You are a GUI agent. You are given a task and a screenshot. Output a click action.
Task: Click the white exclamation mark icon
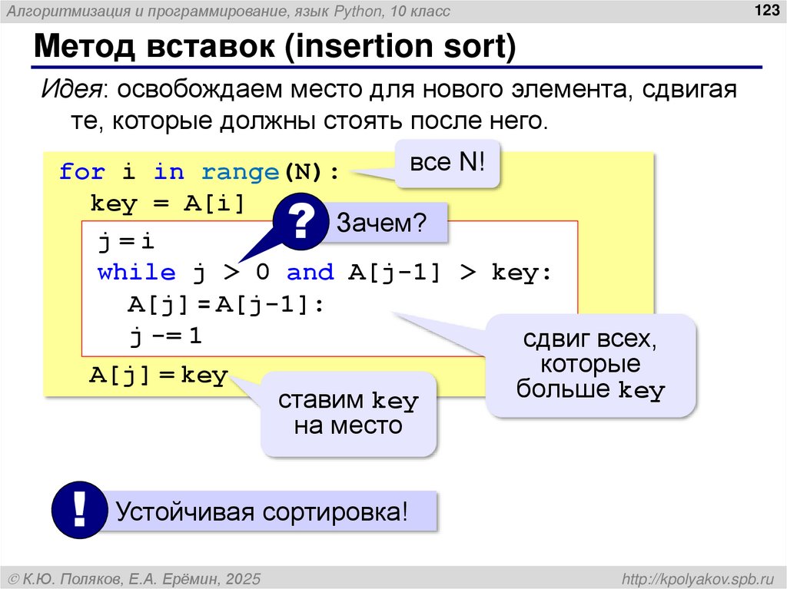point(78,509)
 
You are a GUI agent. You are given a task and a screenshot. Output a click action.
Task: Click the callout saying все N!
point(447,164)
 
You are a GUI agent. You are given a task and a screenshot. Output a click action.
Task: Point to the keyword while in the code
point(136,273)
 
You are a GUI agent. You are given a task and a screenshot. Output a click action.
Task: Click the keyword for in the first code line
point(81,171)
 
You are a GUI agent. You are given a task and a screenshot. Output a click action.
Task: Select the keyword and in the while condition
point(310,273)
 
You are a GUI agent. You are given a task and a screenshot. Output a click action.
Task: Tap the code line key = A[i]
point(166,204)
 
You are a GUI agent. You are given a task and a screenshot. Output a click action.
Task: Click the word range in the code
point(240,171)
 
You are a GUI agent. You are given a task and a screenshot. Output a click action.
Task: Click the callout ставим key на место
point(347,413)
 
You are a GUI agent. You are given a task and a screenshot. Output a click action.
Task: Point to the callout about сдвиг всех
point(590,364)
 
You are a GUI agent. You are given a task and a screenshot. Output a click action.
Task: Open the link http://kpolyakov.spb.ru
point(697,577)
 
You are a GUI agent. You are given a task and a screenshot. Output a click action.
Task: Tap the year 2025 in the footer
point(243,577)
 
